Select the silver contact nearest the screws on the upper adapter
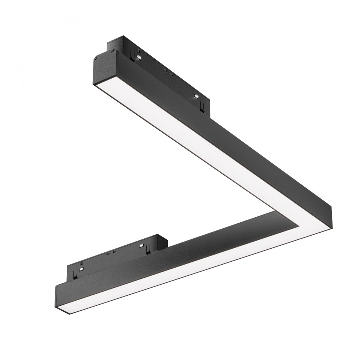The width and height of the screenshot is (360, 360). pyautogui.click(x=138, y=57)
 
